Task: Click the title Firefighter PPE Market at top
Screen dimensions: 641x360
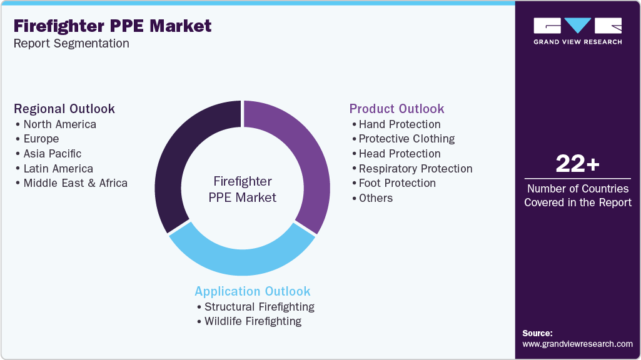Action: tap(113, 26)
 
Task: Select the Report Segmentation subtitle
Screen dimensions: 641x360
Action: tap(71, 43)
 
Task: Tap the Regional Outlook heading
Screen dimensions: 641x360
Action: tap(64, 109)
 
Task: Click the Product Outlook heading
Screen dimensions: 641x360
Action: tap(396, 109)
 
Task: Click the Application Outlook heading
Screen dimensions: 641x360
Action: tap(253, 291)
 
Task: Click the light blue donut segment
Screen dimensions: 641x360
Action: tap(242, 261)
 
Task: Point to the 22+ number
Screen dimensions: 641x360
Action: tap(578, 164)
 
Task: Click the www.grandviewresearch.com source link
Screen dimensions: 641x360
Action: tap(577, 344)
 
